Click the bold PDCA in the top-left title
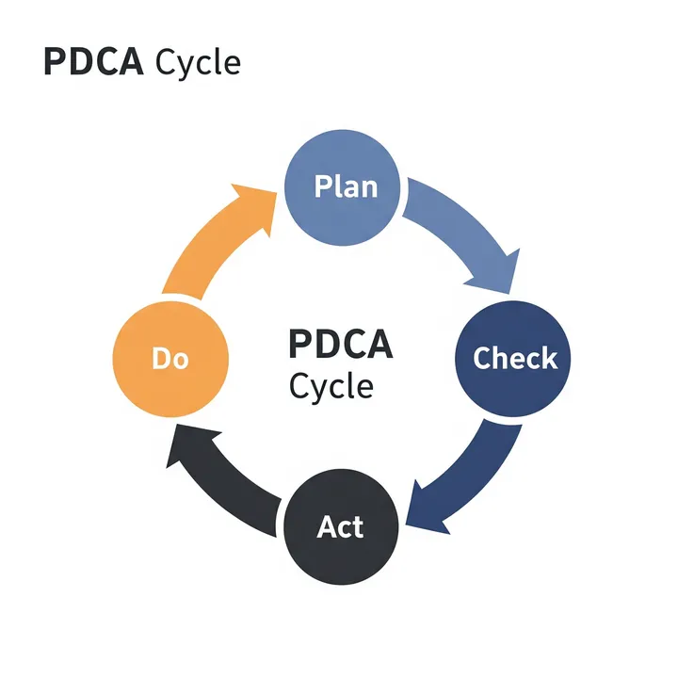pyautogui.click(x=94, y=62)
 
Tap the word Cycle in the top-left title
pyautogui.click(x=198, y=63)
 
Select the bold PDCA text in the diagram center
pyautogui.click(x=340, y=345)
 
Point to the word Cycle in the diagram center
pyautogui.click(x=331, y=386)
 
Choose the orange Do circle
pyautogui.click(x=170, y=357)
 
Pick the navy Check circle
pyautogui.click(x=514, y=358)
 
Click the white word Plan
pyautogui.click(x=345, y=186)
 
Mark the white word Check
pyautogui.click(x=514, y=359)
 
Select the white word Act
pyautogui.click(x=340, y=526)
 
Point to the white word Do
pyautogui.click(x=170, y=359)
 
